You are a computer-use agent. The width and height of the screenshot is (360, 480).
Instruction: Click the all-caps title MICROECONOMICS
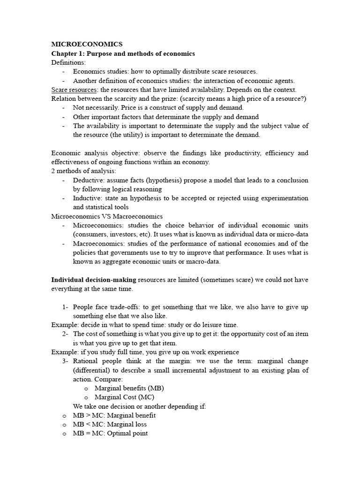click(87, 45)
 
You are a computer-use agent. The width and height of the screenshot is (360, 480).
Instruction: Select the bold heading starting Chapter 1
click(123, 53)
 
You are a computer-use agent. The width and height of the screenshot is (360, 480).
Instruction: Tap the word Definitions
click(68, 62)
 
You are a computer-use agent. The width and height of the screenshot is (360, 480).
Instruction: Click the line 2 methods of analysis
click(83, 171)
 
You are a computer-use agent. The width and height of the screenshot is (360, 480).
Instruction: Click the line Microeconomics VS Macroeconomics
click(107, 217)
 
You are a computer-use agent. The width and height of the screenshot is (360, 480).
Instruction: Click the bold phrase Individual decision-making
click(94, 280)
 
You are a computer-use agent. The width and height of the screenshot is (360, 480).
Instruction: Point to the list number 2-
click(65, 334)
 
